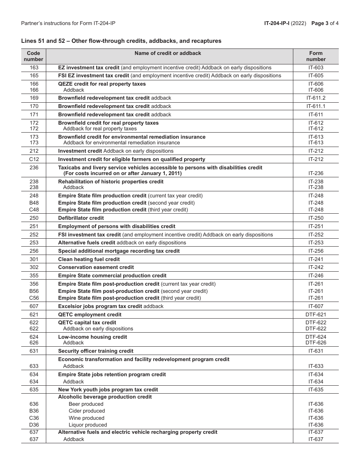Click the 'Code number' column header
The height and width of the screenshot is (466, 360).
pyautogui.click(x=34, y=56)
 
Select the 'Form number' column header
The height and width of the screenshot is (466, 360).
pyautogui.click(x=316, y=56)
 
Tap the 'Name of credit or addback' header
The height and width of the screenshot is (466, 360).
pyautogui.click(x=167, y=53)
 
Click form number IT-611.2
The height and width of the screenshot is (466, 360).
pyautogui.click(x=316, y=98)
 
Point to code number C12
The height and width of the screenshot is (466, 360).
pyautogui.click(x=34, y=159)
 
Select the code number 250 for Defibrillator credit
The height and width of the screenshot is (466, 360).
pyautogui.click(x=34, y=218)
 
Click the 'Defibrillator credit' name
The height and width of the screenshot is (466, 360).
pyautogui.click(x=81, y=218)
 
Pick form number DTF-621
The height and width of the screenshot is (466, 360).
pyautogui.click(x=316, y=314)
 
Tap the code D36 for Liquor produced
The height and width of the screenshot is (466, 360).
pyautogui.click(x=34, y=425)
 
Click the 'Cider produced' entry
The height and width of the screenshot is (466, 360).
pyautogui.click(x=87, y=411)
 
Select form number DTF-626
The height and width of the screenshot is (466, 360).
pyautogui.click(x=316, y=342)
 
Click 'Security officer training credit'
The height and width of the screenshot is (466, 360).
pyautogui.click(x=95, y=351)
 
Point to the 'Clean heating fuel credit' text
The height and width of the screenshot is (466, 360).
pyautogui.click(x=89, y=259)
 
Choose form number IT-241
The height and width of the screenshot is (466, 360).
pyautogui.click(x=316, y=259)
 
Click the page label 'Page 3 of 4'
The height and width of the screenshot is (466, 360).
pyautogui.click(x=325, y=23)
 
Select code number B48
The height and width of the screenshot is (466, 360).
pyautogui.click(x=34, y=203)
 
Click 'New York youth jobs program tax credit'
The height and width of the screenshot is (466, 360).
pyautogui.click(x=108, y=389)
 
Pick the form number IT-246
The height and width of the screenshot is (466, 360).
pyautogui.click(x=316, y=275)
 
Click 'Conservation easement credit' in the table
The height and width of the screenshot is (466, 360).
pyautogui.click(x=96, y=267)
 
